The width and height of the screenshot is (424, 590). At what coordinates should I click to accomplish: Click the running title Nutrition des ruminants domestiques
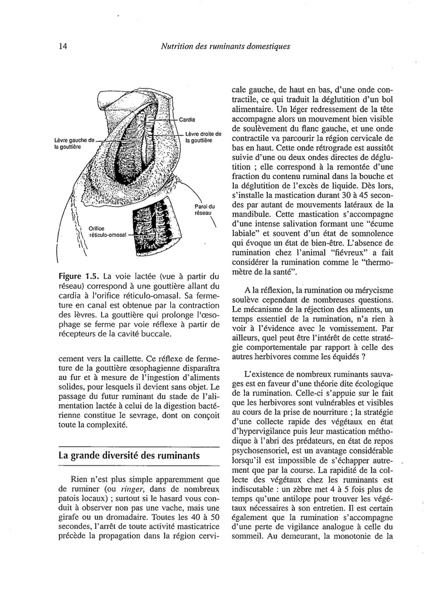point(225,46)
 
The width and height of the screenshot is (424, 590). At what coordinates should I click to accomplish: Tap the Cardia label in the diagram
point(187,119)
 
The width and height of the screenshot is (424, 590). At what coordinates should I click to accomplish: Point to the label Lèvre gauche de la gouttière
point(74,143)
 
